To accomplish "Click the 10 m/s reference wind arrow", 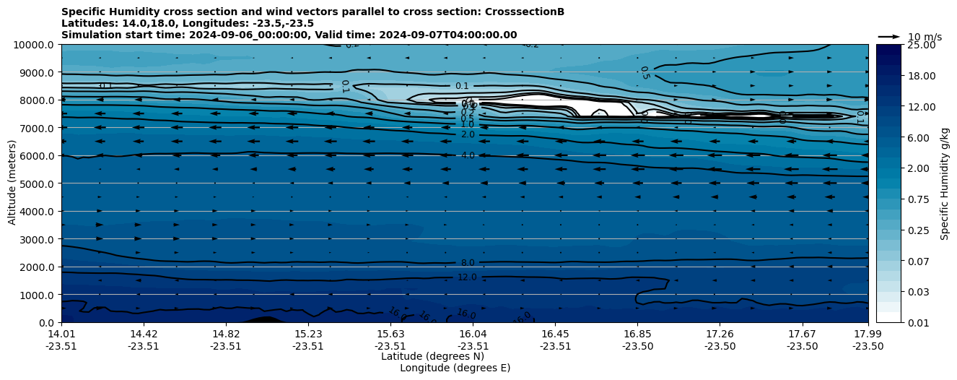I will [x=889, y=37].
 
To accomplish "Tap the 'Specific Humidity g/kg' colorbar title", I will [x=945, y=183].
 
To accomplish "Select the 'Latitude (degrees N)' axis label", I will [x=432, y=356].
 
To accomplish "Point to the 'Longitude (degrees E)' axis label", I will [x=455, y=368].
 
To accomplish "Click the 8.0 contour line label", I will [x=468, y=263].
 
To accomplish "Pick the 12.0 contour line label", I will [x=468, y=277].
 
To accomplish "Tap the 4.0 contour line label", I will [x=468, y=155].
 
